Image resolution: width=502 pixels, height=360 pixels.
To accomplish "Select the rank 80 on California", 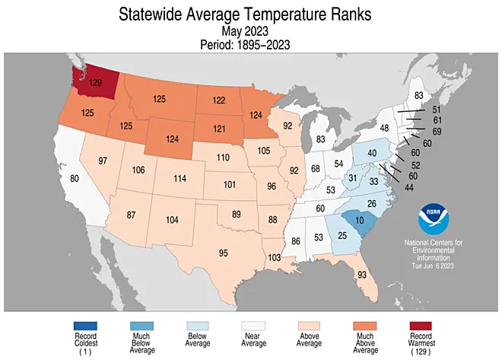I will click(75, 179).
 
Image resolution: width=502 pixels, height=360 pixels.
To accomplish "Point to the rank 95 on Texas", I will click(224, 252).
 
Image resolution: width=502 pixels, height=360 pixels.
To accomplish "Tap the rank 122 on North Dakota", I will click(219, 100).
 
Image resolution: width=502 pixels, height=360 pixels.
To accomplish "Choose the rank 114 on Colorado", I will click(180, 178).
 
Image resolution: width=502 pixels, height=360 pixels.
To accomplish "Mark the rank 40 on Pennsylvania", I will click(373, 155).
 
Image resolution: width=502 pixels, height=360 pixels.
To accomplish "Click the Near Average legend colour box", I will click(251, 327).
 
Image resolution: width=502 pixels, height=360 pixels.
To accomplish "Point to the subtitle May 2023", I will click(250, 30).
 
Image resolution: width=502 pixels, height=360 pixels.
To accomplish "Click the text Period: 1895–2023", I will click(250, 45).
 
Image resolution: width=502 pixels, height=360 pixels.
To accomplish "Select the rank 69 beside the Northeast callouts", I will click(437, 132).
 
